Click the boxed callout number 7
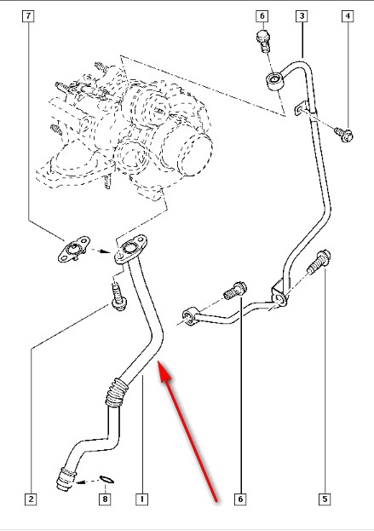[x=28, y=16]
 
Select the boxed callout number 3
[x=302, y=16]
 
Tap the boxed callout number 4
[x=348, y=16]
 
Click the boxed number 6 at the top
[x=262, y=16]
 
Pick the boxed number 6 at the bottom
[x=240, y=499]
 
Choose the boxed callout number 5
[x=325, y=499]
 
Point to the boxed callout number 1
[x=142, y=499]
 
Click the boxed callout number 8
[x=105, y=499]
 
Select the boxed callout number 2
[x=31, y=499]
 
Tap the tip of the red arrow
[x=158, y=362]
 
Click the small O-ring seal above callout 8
[x=107, y=479]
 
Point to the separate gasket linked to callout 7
[x=73, y=249]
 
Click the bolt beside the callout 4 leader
[x=343, y=135]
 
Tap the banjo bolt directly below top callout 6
[x=264, y=41]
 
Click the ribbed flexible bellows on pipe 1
[x=117, y=392]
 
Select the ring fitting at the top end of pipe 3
[x=273, y=81]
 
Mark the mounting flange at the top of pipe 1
[x=130, y=250]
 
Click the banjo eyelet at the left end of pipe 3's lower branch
[x=190, y=316]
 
